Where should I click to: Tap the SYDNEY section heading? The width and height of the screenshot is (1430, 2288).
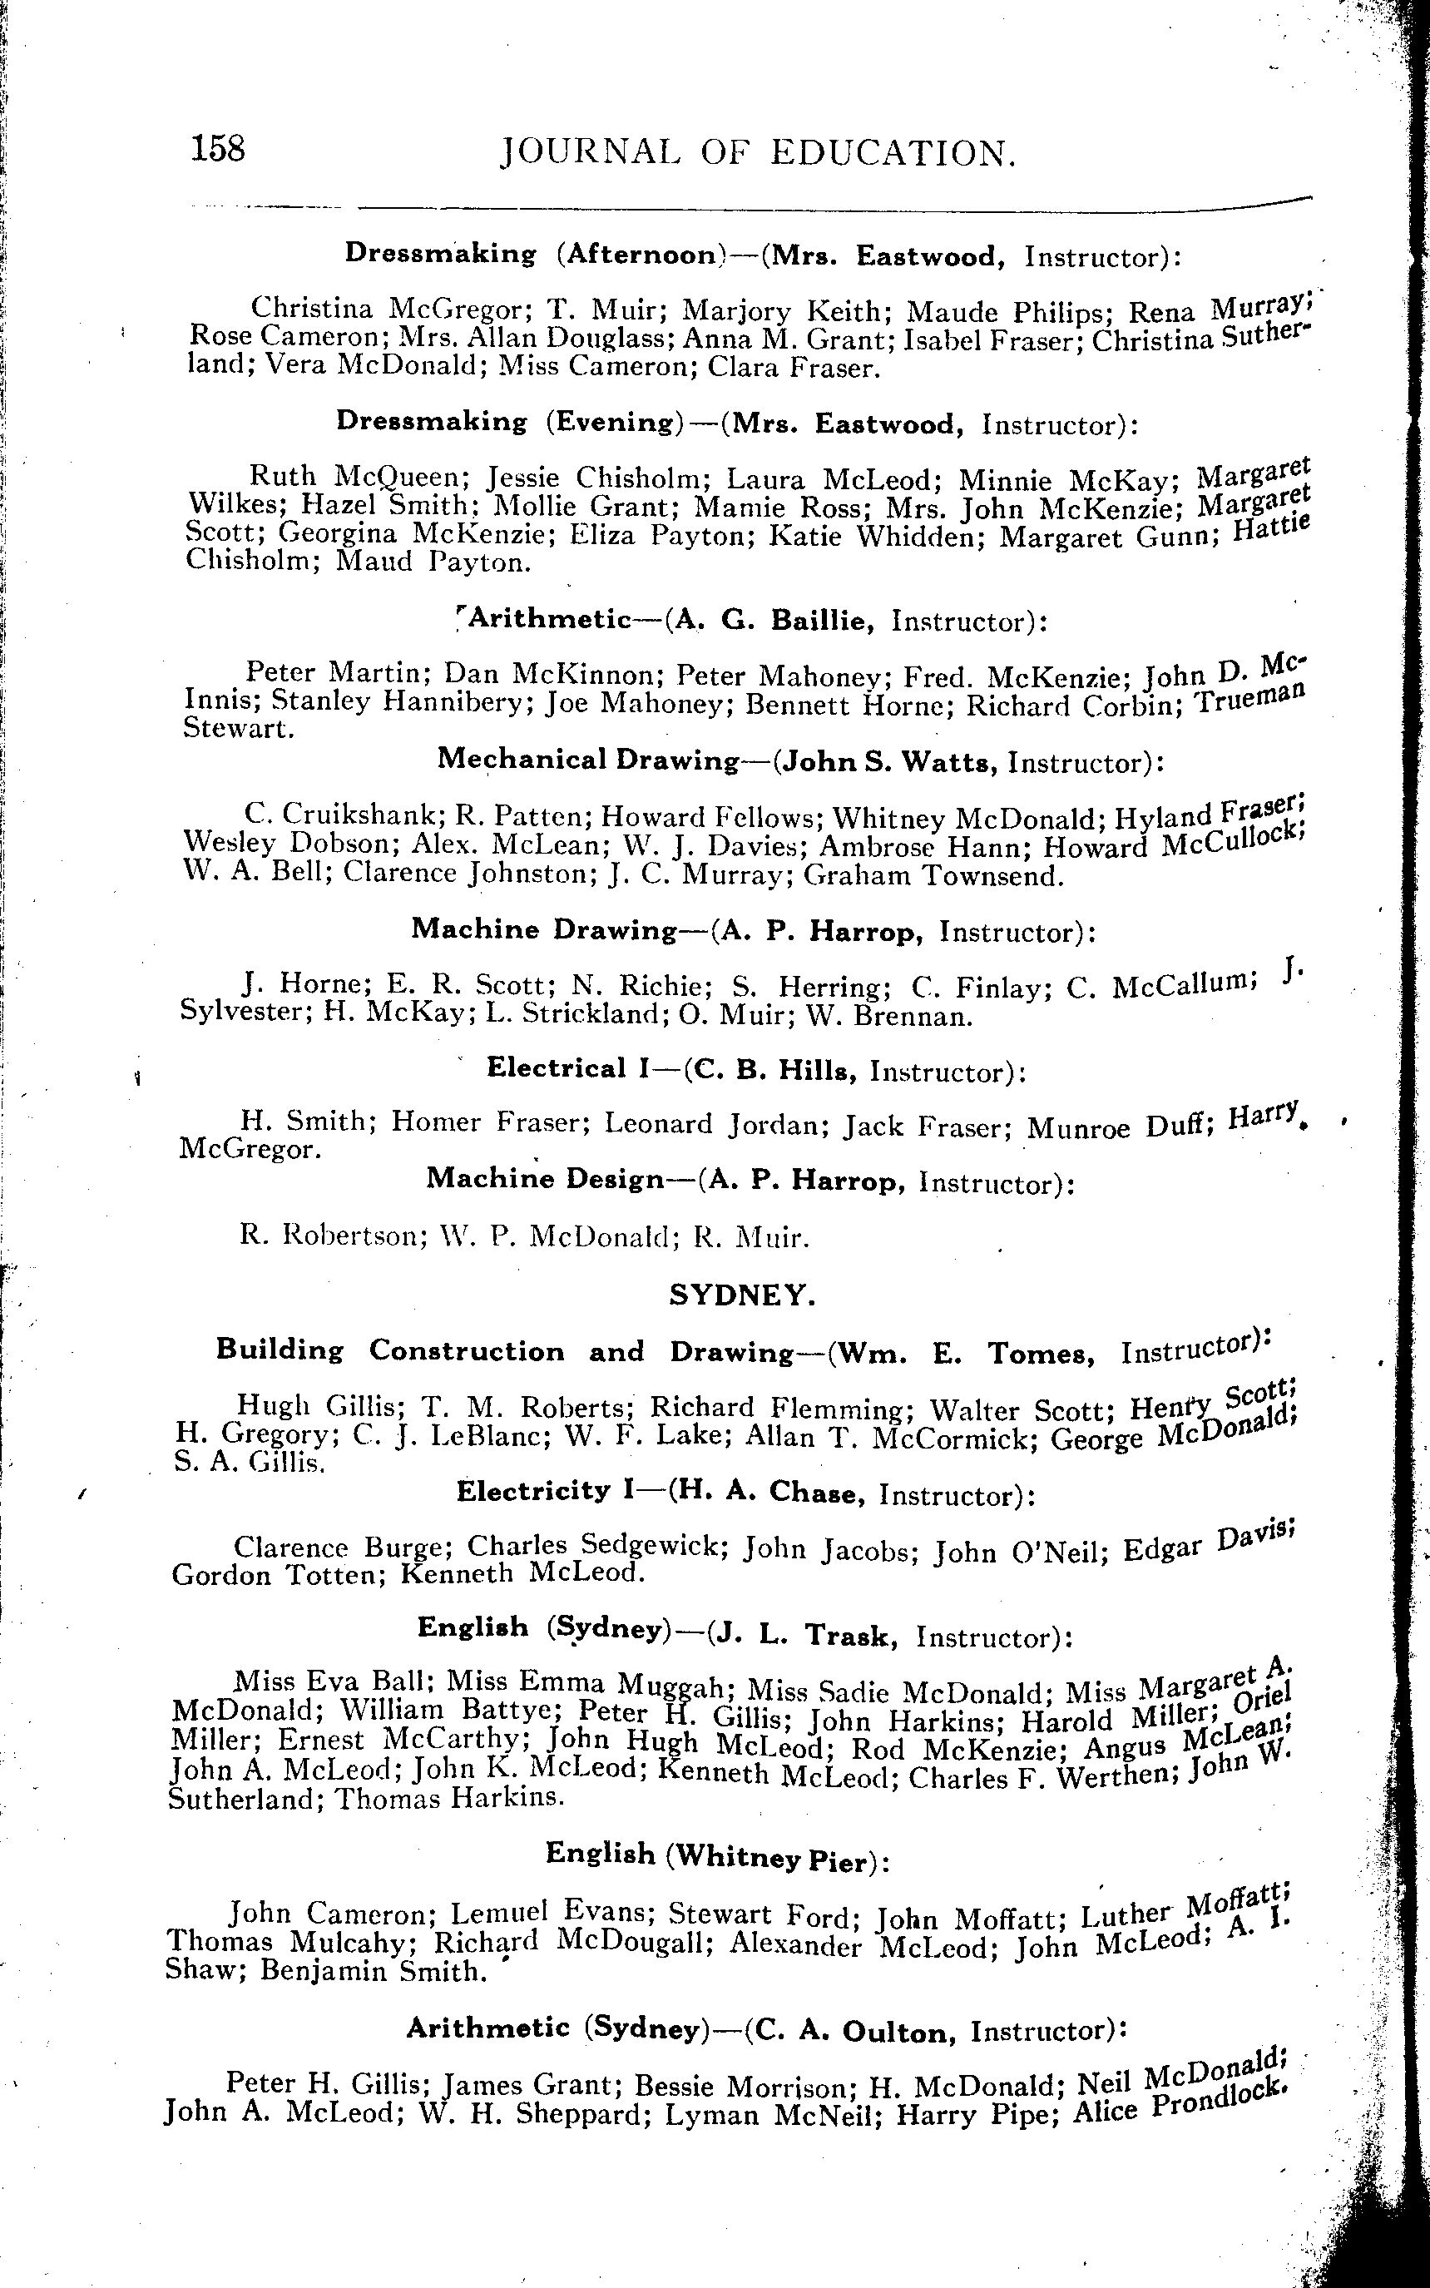click(741, 1295)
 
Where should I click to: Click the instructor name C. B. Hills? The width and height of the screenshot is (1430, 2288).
click(775, 1070)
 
